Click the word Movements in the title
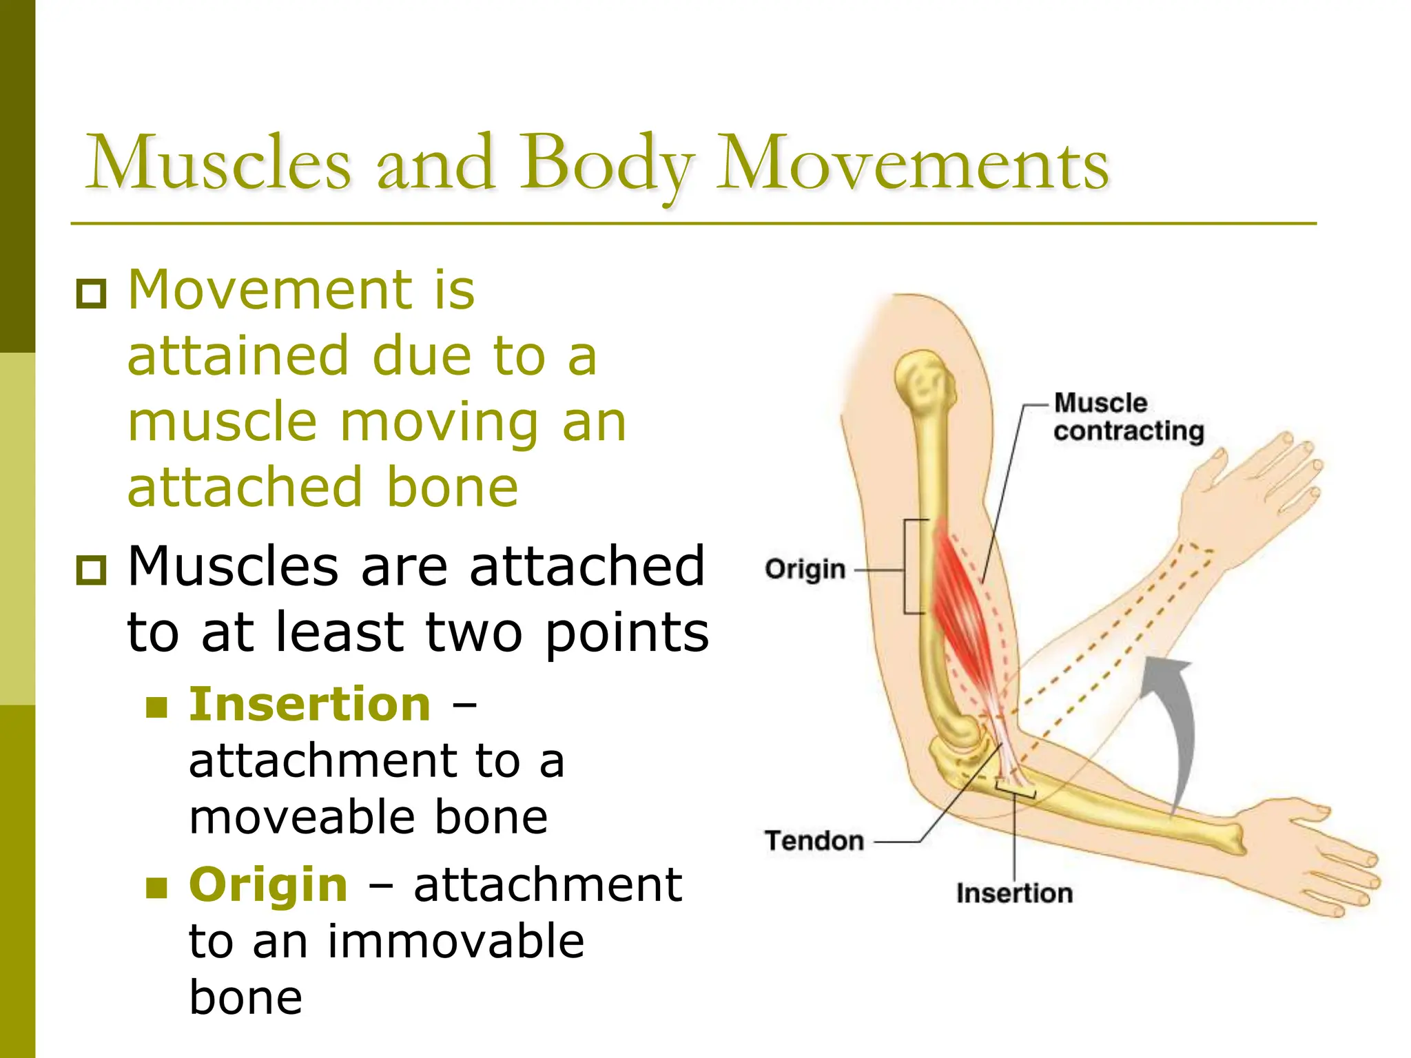(912, 163)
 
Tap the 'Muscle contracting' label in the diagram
(1127, 417)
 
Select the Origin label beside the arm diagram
(805, 570)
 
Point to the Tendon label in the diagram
(814, 841)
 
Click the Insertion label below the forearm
(1014, 893)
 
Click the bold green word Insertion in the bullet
(310, 705)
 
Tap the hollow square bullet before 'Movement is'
(91, 294)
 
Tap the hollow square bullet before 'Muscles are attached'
(91, 570)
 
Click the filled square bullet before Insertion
(157, 707)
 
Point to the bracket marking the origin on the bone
(908, 566)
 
